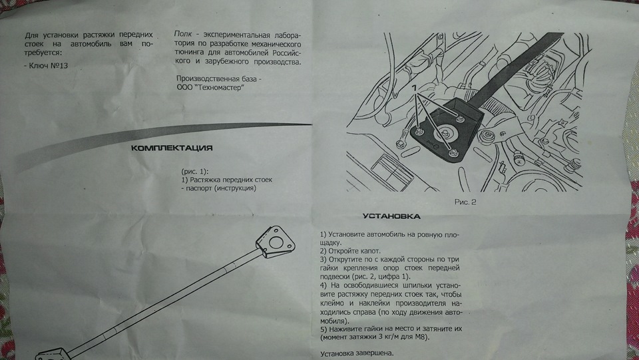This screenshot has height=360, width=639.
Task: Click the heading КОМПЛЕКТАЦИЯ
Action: pyautogui.click(x=172, y=147)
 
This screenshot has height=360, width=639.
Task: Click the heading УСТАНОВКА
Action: pyautogui.click(x=391, y=216)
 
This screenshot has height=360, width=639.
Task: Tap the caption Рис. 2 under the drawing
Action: pyautogui.click(x=464, y=199)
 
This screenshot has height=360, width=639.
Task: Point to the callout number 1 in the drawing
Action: pyautogui.click(x=414, y=88)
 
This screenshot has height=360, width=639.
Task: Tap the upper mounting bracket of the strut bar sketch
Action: pyautogui.click(x=275, y=243)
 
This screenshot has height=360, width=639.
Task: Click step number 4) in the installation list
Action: pyautogui.click(x=323, y=285)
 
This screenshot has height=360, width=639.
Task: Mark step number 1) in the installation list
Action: pyautogui.click(x=323, y=236)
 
